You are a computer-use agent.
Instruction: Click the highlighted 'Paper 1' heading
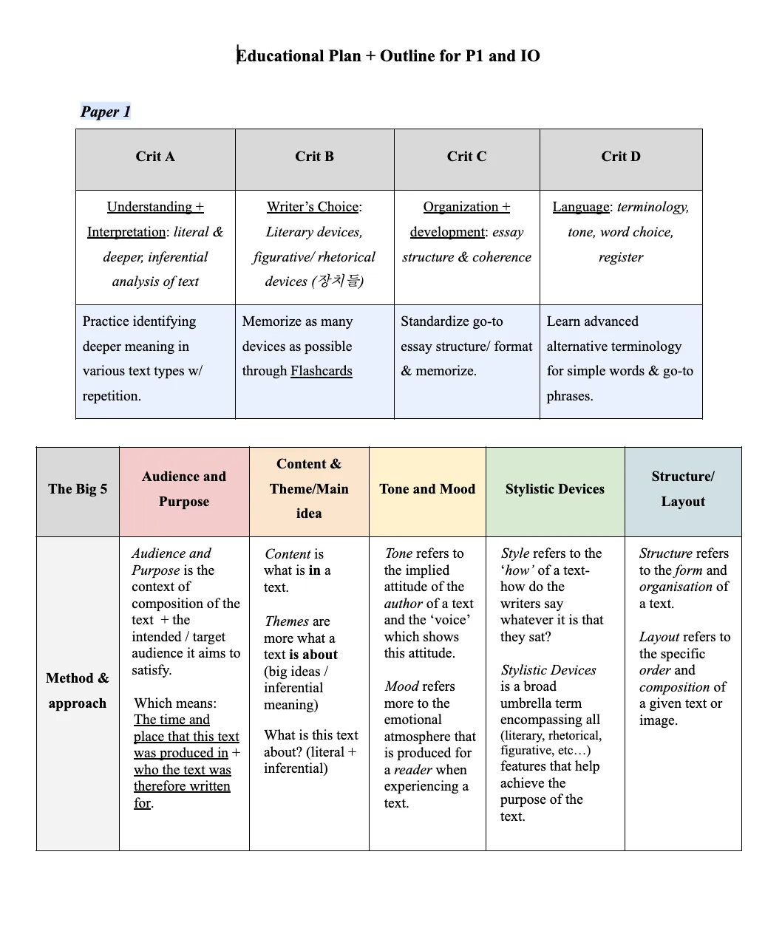pyautogui.click(x=106, y=112)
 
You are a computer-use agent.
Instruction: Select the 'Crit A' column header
pyautogui.click(x=155, y=157)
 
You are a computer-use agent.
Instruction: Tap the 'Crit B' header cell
pyautogui.click(x=314, y=157)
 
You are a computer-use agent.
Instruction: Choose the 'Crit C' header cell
pyautogui.click(x=466, y=157)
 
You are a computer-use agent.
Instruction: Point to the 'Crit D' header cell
pyautogui.click(x=621, y=157)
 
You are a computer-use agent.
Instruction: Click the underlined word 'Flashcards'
pyautogui.click(x=322, y=371)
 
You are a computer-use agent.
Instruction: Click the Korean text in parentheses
pyautogui.click(x=338, y=282)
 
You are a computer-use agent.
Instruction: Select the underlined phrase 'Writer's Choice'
pyautogui.click(x=313, y=207)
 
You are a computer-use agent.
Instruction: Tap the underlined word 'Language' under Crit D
pyautogui.click(x=581, y=207)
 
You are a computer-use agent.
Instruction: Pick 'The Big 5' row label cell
pyautogui.click(x=78, y=489)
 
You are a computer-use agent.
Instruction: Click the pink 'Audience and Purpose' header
pyautogui.click(x=184, y=489)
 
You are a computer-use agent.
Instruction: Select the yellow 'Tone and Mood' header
pyautogui.click(x=427, y=489)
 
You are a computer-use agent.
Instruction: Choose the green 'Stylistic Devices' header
pyautogui.click(x=555, y=489)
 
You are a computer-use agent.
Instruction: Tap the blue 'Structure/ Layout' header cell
pyautogui.click(x=683, y=489)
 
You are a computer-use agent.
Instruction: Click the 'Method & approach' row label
pyautogui.click(x=78, y=691)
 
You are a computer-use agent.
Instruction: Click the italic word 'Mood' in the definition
pyautogui.click(x=400, y=686)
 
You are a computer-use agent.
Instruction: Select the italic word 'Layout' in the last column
pyautogui.click(x=659, y=637)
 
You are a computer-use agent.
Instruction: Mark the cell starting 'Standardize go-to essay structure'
pyautogui.click(x=466, y=346)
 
